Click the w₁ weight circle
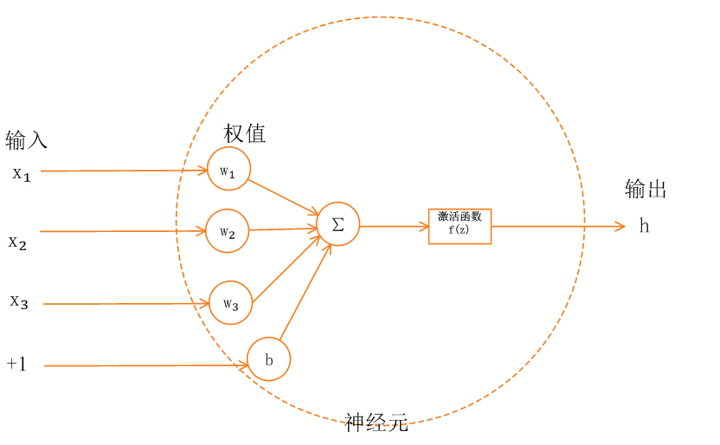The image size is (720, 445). tap(228, 171)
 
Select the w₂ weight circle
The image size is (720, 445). tap(228, 231)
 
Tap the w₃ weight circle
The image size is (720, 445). tap(230, 302)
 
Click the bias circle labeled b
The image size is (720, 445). tap(269, 359)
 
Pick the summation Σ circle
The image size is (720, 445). tap(337, 224)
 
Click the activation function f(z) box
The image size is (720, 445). tap(460, 225)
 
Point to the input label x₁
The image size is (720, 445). tap(22, 174)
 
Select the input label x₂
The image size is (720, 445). tap(18, 242)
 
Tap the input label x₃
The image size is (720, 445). tap(20, 301)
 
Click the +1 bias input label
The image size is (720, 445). tap(17, 364)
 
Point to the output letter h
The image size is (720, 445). tap(644, 226)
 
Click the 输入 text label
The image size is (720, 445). tap(26, 139)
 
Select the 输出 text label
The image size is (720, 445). tap(646, 190)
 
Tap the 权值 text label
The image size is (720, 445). tap(245, 133)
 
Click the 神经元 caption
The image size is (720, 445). tap(376, 422)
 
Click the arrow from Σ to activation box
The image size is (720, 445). tap(394, 226)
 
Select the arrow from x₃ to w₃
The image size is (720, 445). tap(125, 304)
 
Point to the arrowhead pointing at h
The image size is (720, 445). tap(620, 227)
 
